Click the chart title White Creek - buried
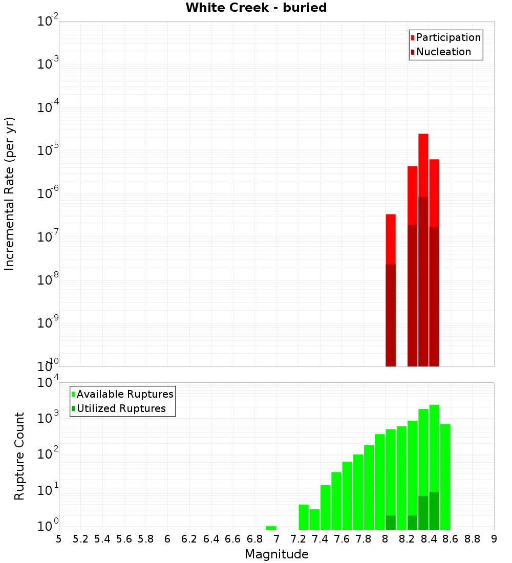tap(256, 8)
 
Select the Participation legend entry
tap(449, 38)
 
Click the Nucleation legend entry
tap(443, 52)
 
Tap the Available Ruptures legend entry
tap(125, 395)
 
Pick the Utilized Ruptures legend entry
tap(121, 409)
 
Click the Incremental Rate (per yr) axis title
tap(10, 194)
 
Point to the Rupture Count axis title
tap(19, 456)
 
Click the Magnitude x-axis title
tap(276, 554)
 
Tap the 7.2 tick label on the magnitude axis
tap(298, 539)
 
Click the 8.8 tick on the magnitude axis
tap(473, 539)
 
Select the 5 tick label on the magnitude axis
tap(59, 539)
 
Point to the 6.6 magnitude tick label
tap(233, 539)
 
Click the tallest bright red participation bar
tap(423, 164)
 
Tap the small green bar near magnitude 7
tap(271, 528)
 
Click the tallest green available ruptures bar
tap(434, 445)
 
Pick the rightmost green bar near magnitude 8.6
tap(445, 476)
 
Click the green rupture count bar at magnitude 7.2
tap(304, 517)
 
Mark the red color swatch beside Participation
tap(413, 38)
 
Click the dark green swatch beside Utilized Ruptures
tap(74, 409)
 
